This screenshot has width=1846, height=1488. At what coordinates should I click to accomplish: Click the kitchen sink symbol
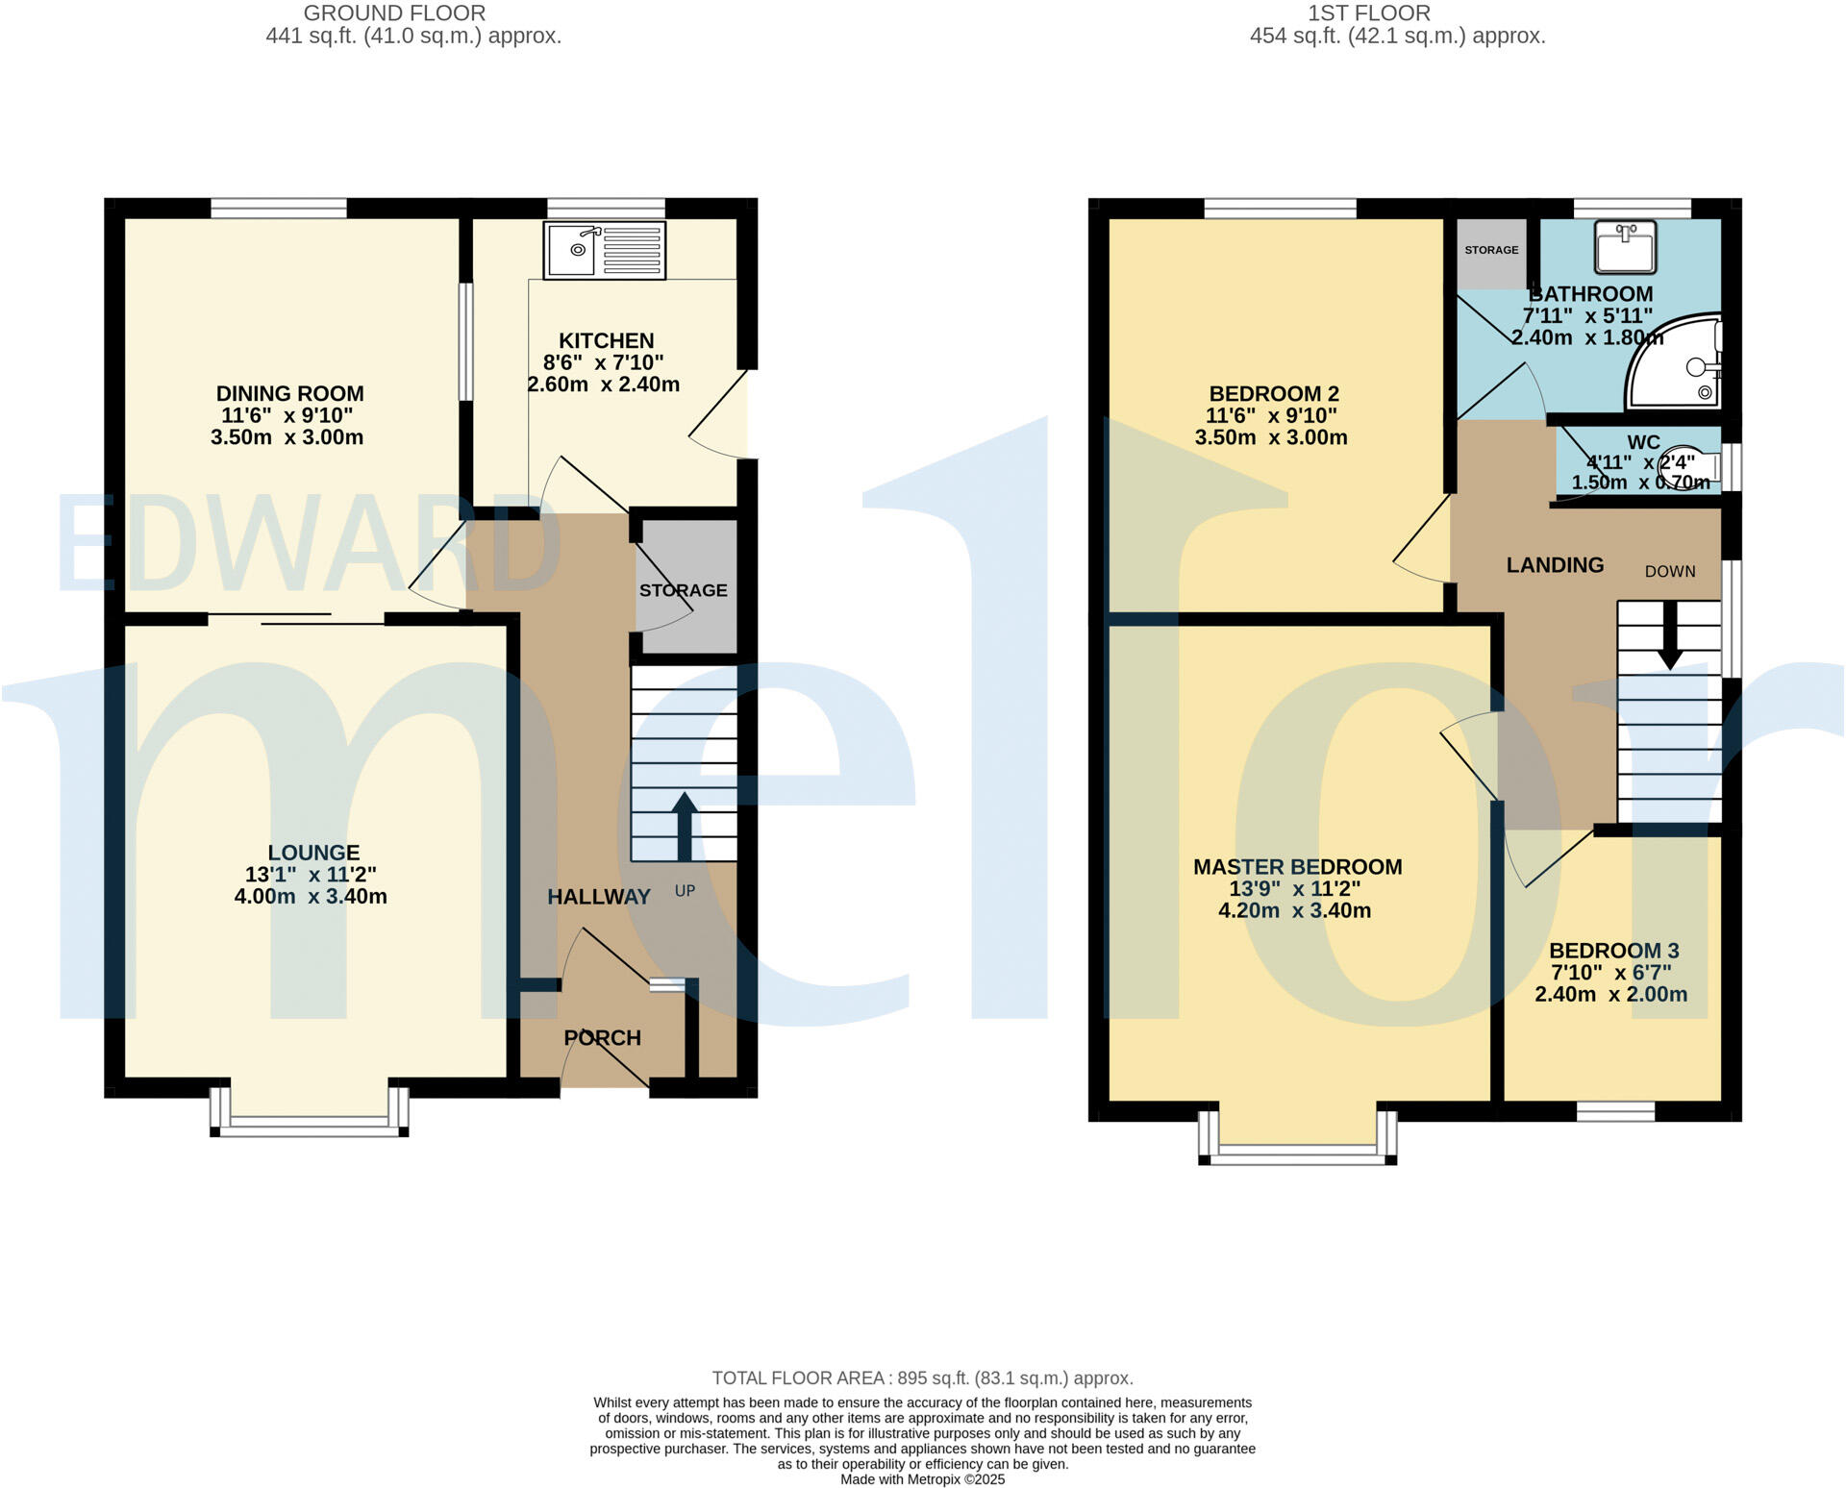click(x=604, y=250)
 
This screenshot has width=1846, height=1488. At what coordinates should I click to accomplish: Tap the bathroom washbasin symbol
click(x=1625, y=246)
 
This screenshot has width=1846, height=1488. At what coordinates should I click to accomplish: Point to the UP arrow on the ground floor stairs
click(x=684, y=826)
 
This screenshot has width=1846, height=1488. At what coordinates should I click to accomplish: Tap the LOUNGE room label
click(x=313, y=853)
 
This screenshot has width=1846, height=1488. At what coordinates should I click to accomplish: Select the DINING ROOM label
click(x=289, y=393)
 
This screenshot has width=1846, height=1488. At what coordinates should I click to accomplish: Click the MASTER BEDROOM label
click(x=1297, y=867)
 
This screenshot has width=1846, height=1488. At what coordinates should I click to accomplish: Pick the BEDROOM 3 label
click(x=1613, y=951)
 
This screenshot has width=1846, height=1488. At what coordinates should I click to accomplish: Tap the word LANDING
click(x=1555, y=565)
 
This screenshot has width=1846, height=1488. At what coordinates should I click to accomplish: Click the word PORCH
click(x=602, y=1038)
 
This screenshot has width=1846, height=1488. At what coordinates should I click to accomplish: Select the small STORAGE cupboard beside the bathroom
click(x=1491, y=252)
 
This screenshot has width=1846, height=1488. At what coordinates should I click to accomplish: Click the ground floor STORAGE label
click(x=684, y=590)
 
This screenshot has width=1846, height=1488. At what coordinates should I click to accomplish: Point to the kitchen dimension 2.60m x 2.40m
click(x=604, y=384)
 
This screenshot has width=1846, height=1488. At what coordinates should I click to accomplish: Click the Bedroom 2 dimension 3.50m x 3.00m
click(x=1271, y=437)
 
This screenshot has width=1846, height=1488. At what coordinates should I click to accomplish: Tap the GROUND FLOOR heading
click(x=394, y=13)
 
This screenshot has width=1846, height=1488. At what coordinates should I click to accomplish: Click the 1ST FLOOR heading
click(x=1369, y=13)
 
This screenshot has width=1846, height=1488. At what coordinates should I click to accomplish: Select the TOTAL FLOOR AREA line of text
click(x=922, y=1378)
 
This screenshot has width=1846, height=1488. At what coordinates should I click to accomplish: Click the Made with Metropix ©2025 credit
click(x=922, y=1479)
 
